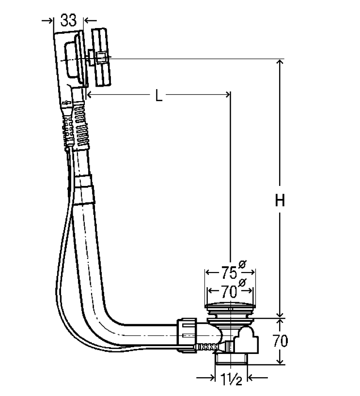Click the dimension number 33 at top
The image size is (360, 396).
(x=68, y=20)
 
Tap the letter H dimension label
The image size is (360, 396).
(x=280, y=200)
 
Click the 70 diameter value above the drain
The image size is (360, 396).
(x=224, y=291)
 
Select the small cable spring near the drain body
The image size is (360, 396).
(x=208, y=347)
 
